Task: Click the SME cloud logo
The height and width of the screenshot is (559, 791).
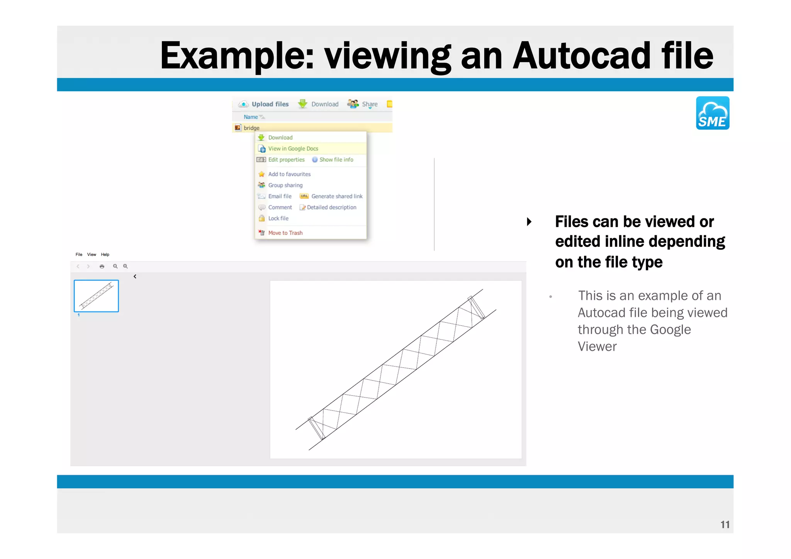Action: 712,113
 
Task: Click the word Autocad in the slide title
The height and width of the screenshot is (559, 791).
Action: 581,56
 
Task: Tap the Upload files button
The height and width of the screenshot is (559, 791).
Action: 264,104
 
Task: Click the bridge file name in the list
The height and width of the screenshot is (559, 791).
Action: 251,128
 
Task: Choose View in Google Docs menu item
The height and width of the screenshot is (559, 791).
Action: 293,149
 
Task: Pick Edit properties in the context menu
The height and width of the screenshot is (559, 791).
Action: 286,160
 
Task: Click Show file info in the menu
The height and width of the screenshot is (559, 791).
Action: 336,160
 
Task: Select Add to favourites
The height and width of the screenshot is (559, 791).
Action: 289,174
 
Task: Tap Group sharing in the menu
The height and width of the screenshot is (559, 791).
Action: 285,185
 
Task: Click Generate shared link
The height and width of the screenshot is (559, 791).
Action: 336,196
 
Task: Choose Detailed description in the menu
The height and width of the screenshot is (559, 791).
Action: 331,207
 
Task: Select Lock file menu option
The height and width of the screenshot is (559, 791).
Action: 278,218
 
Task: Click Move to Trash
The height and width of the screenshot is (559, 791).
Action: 285,233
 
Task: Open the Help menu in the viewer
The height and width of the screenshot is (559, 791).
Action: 105,255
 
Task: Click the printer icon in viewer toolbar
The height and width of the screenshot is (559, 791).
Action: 102,267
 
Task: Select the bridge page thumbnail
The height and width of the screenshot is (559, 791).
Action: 96,296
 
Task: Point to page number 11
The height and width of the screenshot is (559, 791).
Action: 725,524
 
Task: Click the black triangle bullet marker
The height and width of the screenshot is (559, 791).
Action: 529,222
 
